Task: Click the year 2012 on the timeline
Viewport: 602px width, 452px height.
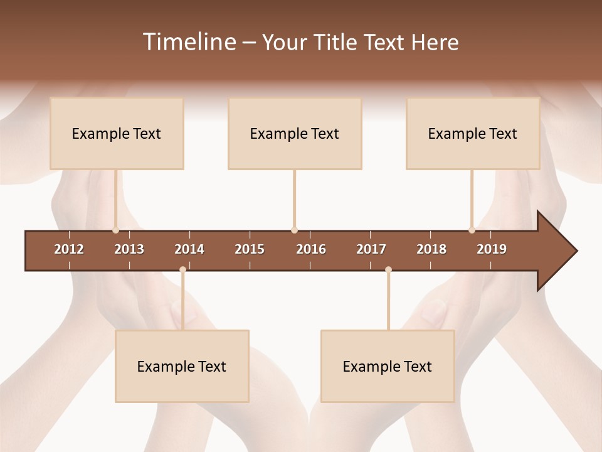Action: tap(69, 249)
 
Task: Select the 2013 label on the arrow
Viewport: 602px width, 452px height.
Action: tap(129, 249)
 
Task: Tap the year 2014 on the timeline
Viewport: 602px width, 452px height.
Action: tap(189, 249)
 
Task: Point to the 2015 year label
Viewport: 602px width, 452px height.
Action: tap(250, 249)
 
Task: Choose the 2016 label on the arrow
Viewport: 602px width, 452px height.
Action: tap(311, 249)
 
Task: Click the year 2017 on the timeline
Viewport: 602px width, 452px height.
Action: tap(371, 249)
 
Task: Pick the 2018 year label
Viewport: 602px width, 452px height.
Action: tap(431, 249)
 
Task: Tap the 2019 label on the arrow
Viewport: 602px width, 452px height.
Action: tap(492, 249)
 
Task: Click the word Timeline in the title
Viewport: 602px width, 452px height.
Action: tap(188, 42)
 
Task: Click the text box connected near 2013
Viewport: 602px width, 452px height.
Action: tap(117, 133)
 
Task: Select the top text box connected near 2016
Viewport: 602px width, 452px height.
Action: tap(295, 133)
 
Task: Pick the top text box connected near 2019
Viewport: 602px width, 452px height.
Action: tap(473, 133)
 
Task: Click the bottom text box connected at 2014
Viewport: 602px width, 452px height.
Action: tap(182, 366)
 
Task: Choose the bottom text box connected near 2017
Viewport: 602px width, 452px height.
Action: tap(388, 366)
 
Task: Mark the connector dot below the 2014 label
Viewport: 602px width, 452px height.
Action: tap(182, 269)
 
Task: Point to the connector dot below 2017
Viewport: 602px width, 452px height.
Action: tap(388, 269)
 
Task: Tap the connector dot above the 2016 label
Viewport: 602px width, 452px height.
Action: tap(294, 230)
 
